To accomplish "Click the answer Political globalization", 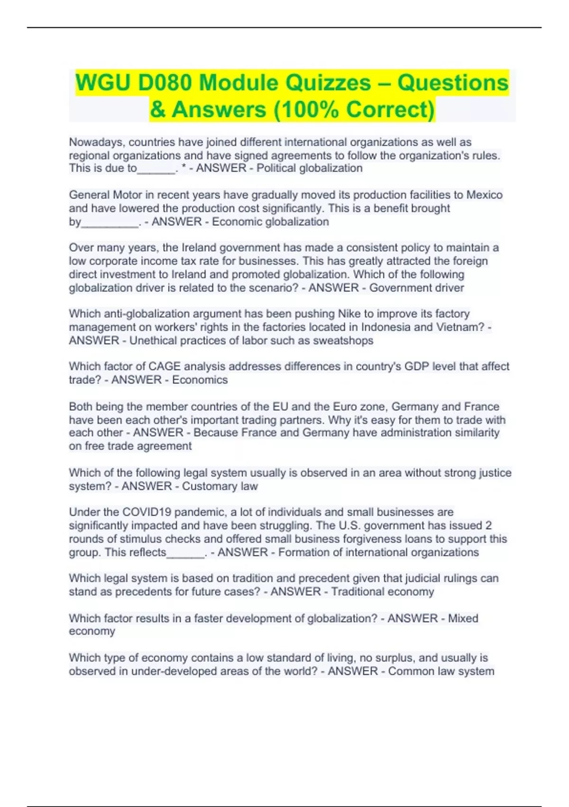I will (x=309, y=169).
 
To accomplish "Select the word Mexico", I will (x=484, y=195).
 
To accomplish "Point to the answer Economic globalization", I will (x=270, y=222).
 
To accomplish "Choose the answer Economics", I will (x=200, y=380).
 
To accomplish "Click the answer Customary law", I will (x=220, y=486).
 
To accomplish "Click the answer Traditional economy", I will (x=382, y=591).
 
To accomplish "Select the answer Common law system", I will (x=441, y=671).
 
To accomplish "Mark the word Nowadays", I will (x=96, y=142).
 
